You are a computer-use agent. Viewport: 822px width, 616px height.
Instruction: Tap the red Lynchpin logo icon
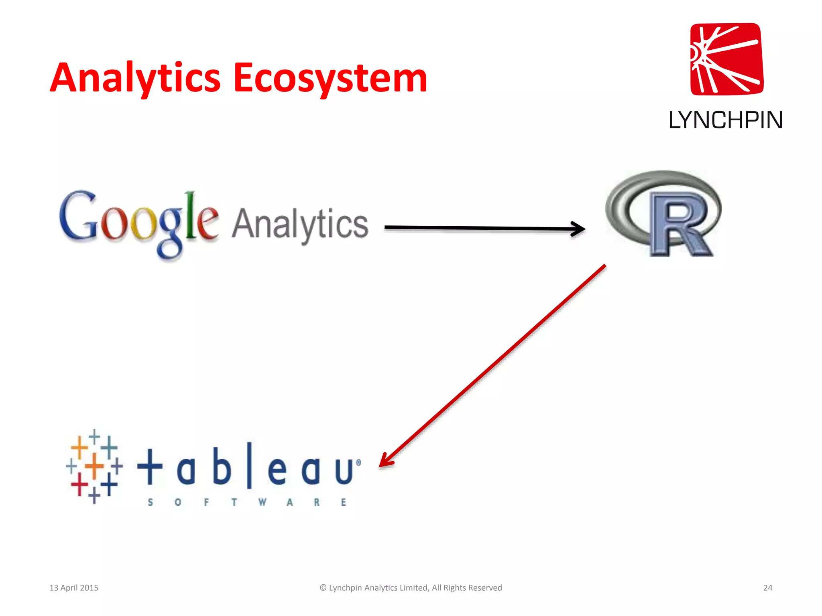tap(726, 59)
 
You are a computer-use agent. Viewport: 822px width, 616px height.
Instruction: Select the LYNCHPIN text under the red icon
tap(726, 120)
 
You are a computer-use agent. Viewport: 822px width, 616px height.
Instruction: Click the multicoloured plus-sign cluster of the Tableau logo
tap(94, 466)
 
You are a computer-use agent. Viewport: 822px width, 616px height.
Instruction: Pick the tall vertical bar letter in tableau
tap(249, 465)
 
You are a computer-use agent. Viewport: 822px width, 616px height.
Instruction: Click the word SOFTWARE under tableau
tap(247, 502)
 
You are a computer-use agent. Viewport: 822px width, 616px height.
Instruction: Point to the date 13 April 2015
tap(74, 588)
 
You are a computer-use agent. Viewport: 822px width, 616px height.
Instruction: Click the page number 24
tap(767, 588)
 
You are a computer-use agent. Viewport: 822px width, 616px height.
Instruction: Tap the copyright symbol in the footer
tap(323, 588)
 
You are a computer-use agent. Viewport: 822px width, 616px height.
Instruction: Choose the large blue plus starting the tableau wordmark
tap(150, 466)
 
